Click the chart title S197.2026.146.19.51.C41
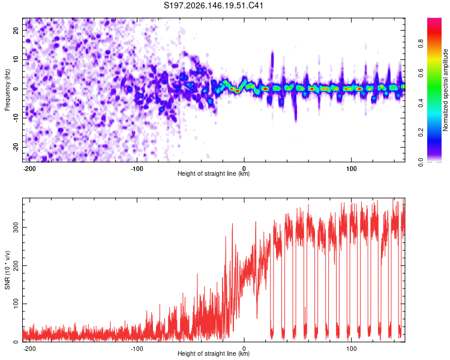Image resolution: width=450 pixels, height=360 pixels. click(214, 5)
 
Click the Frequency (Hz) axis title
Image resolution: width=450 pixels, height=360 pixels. click(7, 90)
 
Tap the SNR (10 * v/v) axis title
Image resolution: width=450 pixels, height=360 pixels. click(7, 270)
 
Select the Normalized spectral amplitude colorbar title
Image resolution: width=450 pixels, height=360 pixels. click(445, 90)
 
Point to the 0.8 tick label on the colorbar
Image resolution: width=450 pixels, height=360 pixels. click(421, 44)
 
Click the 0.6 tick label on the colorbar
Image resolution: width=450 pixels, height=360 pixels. click(421, 73)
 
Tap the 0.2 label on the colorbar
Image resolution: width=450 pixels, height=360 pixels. click(421, 133)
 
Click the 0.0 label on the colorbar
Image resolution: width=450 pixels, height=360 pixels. click(421, 162)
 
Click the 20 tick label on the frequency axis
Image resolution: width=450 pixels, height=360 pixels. click(16, 31)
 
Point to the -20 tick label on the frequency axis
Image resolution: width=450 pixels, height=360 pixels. click(16, 147)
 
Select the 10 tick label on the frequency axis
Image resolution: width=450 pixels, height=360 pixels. click(16, 59)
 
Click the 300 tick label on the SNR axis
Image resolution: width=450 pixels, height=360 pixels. click(16, 227)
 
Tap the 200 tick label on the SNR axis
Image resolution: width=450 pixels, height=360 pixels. click(16, 266)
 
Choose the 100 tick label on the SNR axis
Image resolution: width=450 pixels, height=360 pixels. click(16, 304)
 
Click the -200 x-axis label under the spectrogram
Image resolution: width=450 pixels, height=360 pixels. click(29, 169)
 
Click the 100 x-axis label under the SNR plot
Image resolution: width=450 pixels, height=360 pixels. click(351, 349)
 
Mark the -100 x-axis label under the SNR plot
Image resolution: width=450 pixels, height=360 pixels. click(137, 349)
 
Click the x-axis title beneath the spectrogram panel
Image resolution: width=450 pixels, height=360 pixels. click(214, 173)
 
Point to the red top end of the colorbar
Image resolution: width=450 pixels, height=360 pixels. click(434, 19)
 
